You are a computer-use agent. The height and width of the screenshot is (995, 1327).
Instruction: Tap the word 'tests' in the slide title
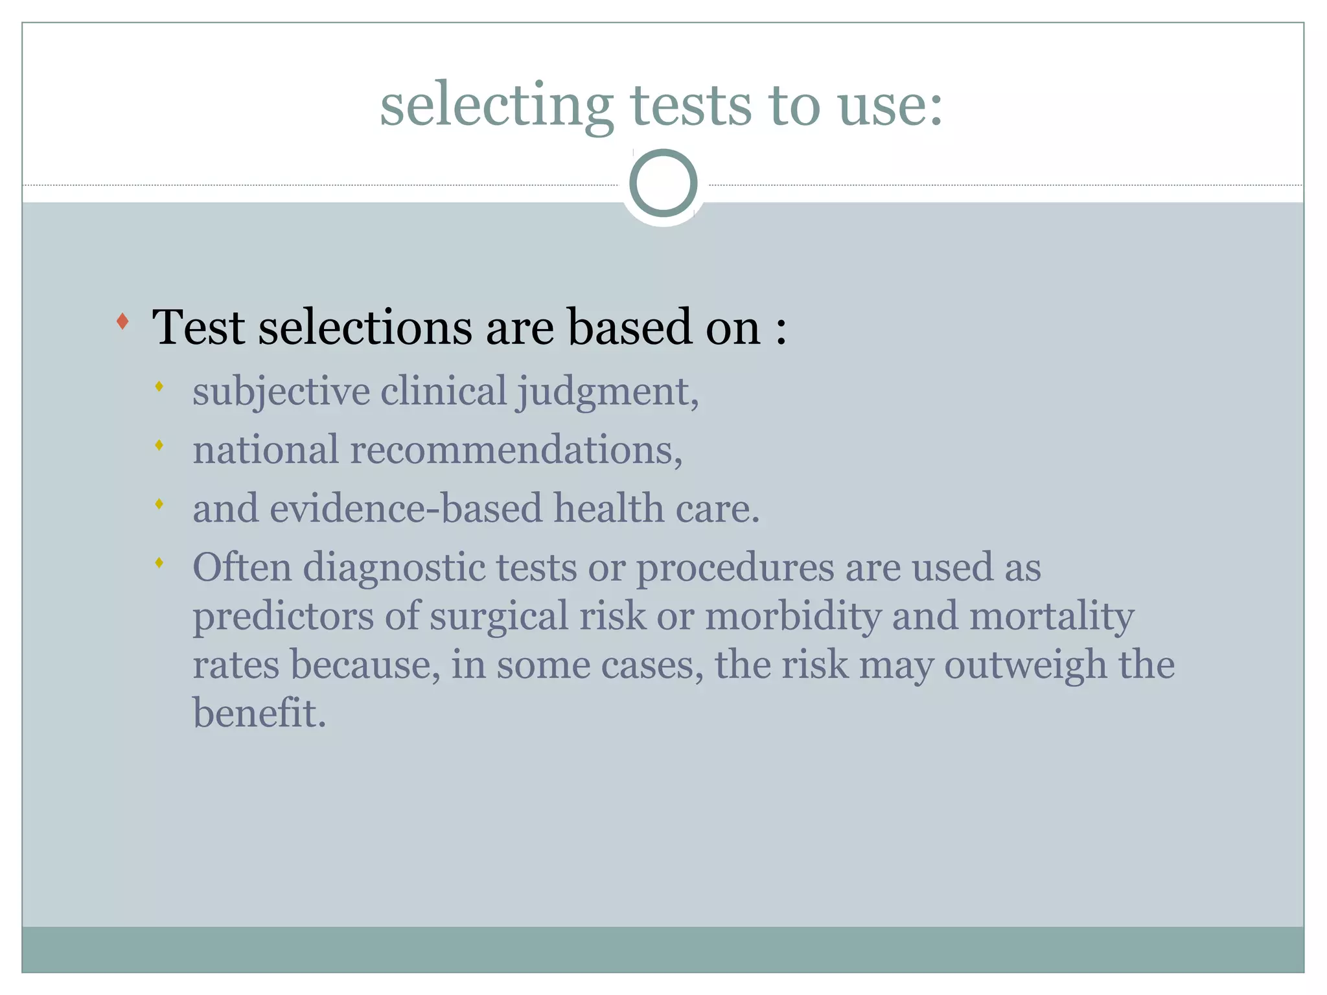(x=691, y=106)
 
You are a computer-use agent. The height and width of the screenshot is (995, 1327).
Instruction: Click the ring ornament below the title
(x=663, y=183)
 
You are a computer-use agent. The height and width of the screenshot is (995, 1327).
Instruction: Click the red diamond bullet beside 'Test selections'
(x=122, y=321)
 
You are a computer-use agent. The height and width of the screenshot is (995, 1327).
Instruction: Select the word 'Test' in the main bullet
(x=198, y=327)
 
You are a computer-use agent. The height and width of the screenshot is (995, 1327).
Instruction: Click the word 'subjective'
(x=281, y=392)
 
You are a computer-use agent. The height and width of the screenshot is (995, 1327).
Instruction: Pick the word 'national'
(x=266, y=450)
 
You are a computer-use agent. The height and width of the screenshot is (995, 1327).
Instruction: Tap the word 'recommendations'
(x=516, y=450)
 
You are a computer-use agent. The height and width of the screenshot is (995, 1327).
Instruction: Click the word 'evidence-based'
(x=406, y=509)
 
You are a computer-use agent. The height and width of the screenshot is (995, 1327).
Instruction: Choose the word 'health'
(x=608, y=509)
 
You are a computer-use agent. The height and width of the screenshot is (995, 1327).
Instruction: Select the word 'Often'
(x=242, y=567)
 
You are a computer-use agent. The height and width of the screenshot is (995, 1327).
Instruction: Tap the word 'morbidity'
(x=793, y=616)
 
